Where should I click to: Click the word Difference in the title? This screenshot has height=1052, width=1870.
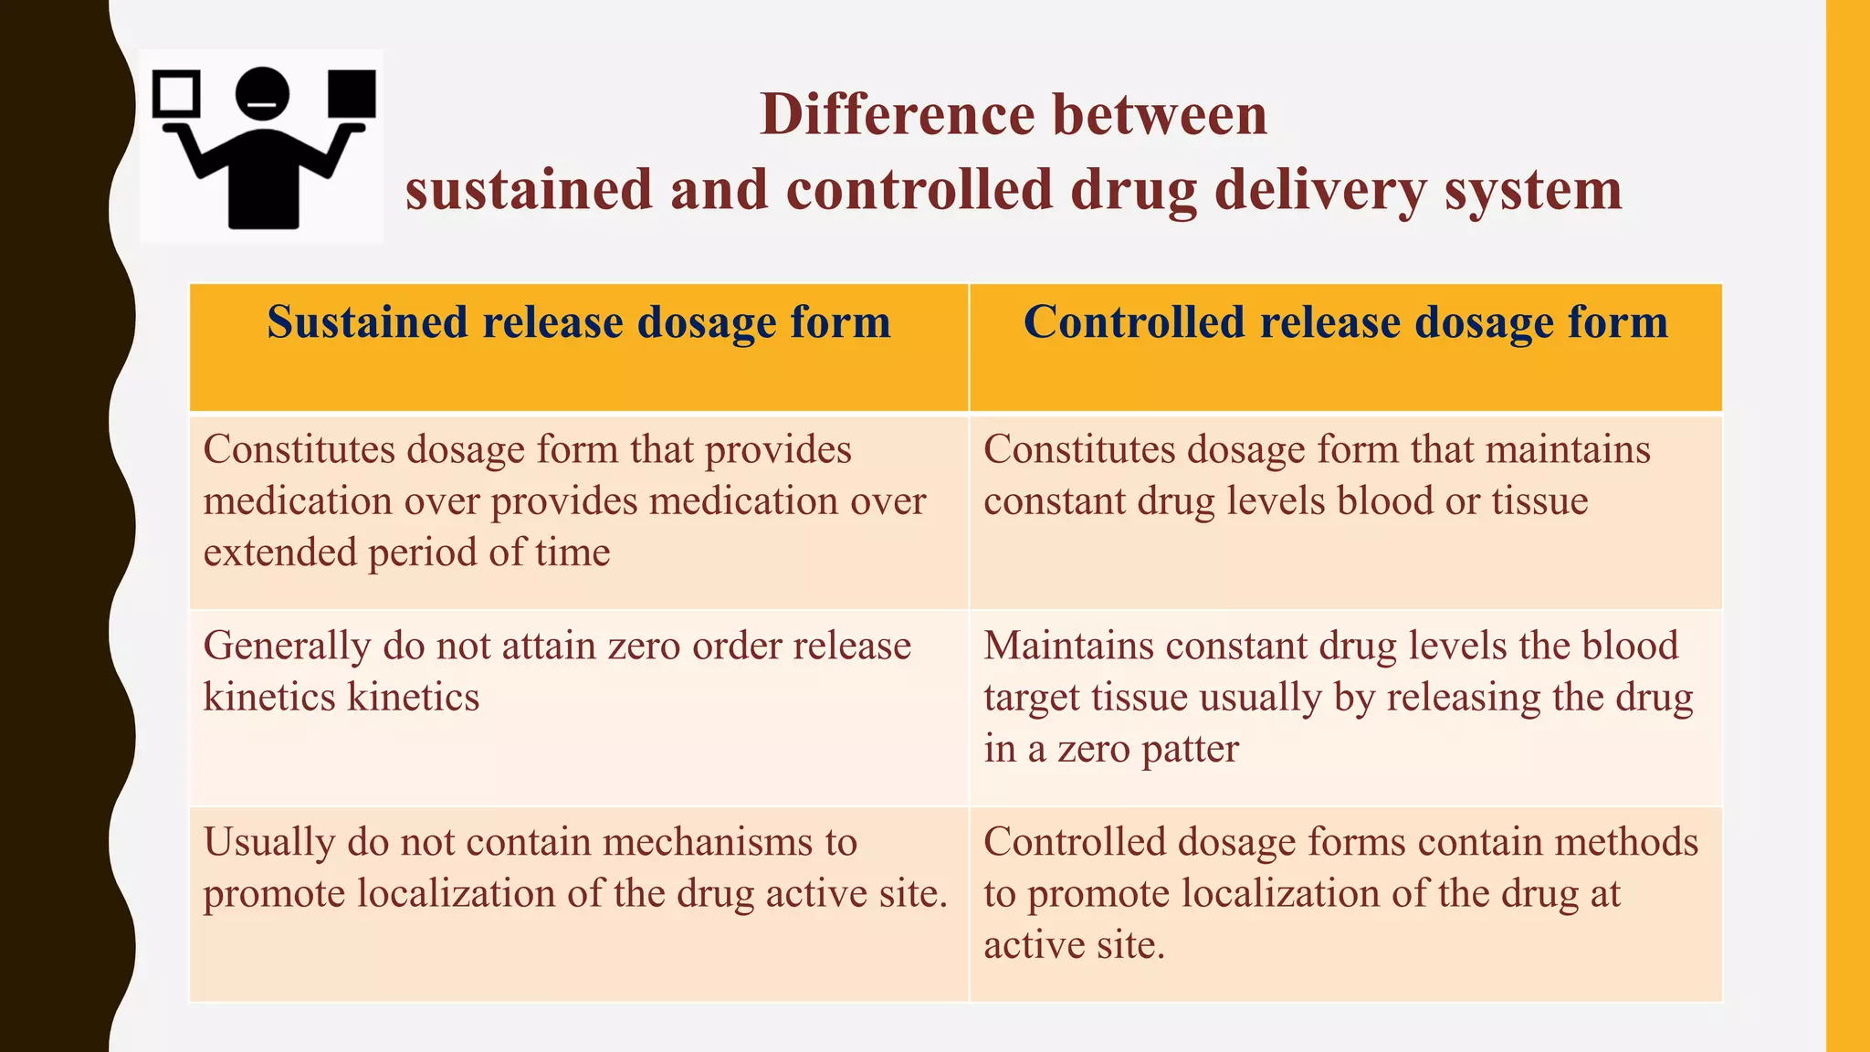[x=897, y=115]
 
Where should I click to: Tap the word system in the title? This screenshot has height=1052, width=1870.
[x=1533, y=190]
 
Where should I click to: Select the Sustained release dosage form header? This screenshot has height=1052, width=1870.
[x=578, y=322]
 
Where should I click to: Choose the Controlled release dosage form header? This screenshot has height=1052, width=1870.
[x=1345, y=322]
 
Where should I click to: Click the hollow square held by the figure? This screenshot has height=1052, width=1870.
[x=176, y=94]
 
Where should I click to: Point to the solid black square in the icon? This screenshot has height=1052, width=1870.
[x=352, y=94]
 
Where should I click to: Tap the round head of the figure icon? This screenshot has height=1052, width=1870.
[x=263, y=94]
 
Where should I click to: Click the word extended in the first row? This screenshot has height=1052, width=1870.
[x=278, y=552]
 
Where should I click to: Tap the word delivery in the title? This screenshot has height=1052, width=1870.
[x=1320, y=190]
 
